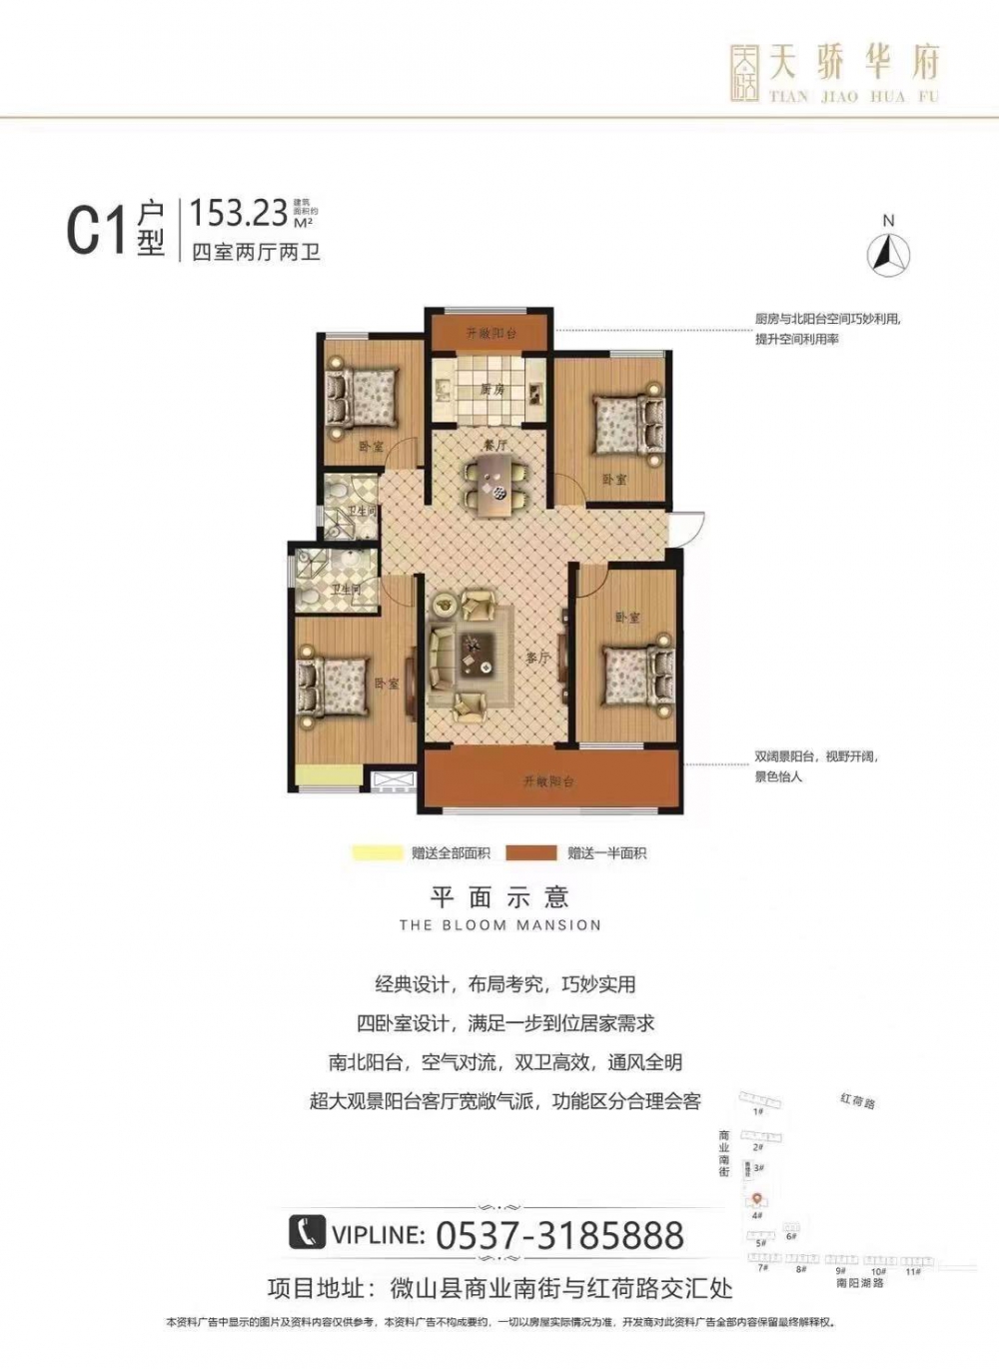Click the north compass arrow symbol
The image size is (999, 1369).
888,253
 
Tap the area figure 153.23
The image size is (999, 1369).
239,212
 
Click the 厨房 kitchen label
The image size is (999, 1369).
492,390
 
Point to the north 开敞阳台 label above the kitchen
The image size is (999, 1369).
492,334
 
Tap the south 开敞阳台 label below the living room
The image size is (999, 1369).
548,781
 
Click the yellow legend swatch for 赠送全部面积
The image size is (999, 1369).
374,853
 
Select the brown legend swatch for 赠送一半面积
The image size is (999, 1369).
530,853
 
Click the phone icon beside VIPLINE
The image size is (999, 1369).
308,1232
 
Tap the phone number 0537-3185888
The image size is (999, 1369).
559,1235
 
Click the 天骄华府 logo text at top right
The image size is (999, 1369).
855,65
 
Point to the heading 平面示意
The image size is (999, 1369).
499,896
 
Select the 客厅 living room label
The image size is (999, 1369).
538,658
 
